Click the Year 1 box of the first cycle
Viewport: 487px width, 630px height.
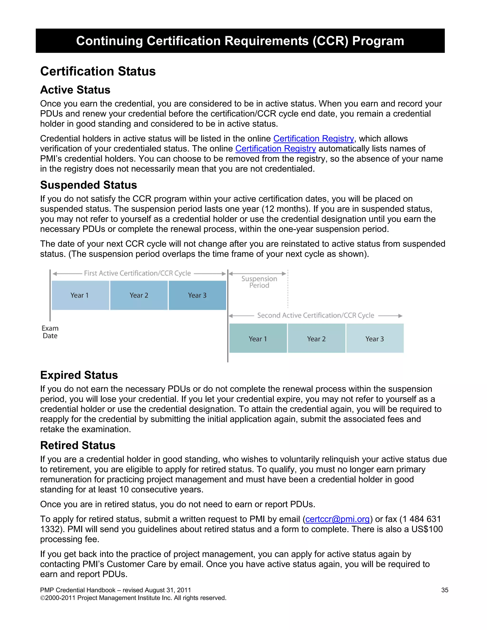pyautogui.click(x=80, y=295)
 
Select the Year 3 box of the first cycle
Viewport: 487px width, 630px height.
pyautogui.click(x=197, y=295)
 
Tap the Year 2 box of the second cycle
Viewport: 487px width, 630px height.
pyautogui.click(x=316, y=338)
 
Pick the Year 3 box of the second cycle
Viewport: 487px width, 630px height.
pyautogui.click(x=375, y=338)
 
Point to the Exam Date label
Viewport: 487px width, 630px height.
pyautogui.click(x=50, y=332)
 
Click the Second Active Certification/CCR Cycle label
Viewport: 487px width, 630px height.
pyautogui.click(x=316, y=315)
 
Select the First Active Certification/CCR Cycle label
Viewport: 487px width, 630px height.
pyautogui.click(x=137, y=273)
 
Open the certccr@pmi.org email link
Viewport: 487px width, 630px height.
pyautogui.click(x=337, y=519)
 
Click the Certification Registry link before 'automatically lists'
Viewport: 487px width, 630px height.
pyautogui.click(x=276, y=149)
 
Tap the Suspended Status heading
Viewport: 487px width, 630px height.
pyautogui.click(x=88, y=185)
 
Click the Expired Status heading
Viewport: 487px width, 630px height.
pyautogui.click(x=79, y=375)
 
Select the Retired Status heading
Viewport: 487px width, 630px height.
pyautogui.click(x=78, y=445)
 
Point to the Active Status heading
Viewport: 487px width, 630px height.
pyautogui.click(x=75, y=90)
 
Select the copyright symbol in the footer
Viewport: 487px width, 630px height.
pyautogui.click(x=42, y=598)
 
